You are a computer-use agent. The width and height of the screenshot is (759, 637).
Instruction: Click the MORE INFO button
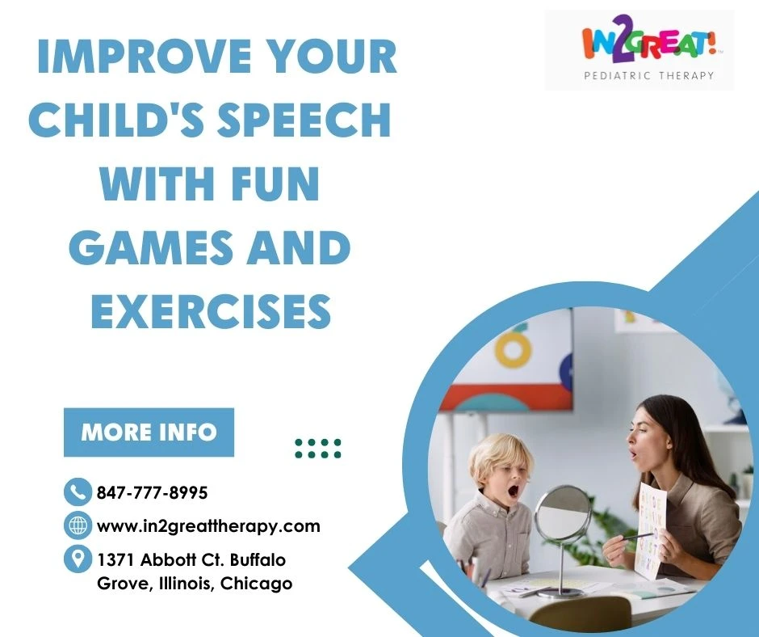pyautogui.click(x=149, y=432)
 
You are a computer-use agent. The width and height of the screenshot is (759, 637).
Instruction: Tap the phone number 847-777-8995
pyautogui.click(x=152, y=492)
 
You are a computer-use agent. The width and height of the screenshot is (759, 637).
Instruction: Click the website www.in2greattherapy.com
pyautogui.click(x=208, y=526)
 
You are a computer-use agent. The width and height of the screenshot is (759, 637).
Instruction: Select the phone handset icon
pyautogui.click(x=78, y=492)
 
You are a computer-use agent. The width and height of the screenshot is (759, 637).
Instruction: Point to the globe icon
pyautogui.click(x=78, y=525)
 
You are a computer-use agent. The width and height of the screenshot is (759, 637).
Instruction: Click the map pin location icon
pyautogui.click(x=78, y=559)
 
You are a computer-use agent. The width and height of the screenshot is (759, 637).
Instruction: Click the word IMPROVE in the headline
pyautogui.click(x=144, y=57)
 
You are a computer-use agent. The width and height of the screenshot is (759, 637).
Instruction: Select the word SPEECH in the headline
pyautogui.click(x=304, y=120)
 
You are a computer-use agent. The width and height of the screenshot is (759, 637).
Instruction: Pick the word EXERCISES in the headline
pyautogui.click(x=211, y=310)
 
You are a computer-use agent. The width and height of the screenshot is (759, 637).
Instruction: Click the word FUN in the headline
pyautogui.click(x=275, y=184)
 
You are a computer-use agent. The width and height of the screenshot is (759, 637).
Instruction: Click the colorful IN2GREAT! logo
pyautogui.click(x=648, y=44)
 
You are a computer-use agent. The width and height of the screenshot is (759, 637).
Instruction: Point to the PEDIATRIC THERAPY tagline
pyautogui.click(x=649, y=76)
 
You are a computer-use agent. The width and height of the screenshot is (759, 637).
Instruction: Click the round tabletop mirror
pyautogui.click(x=564, y=514)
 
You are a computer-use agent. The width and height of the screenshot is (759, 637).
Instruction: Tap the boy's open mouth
pyautogui.click(x=512, y=492)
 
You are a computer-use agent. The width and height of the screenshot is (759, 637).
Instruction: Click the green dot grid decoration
pyautogui.click(x=318, y=449)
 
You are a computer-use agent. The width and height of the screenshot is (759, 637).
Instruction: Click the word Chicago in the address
pyautogui.click(x=256, y=583)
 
